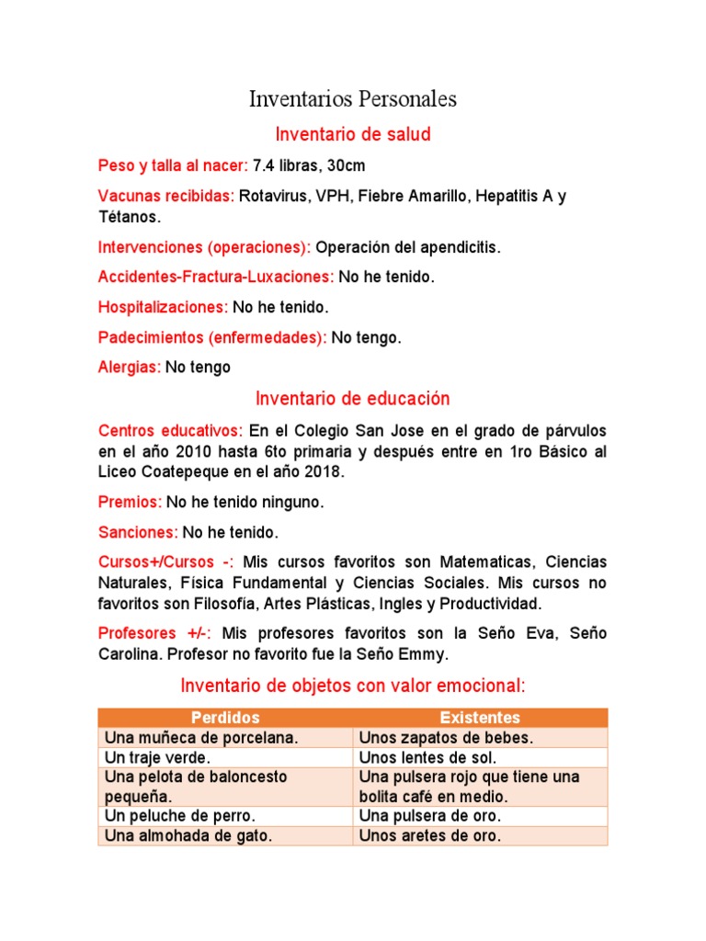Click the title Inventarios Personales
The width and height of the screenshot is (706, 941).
pyautogui.click(x=352, y=99)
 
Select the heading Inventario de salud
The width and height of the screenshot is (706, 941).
pyautogui.click(x=353, y=135)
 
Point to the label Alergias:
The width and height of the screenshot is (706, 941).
pyautogui.click(x=129, y=368)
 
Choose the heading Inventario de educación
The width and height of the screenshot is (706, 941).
pyautogui.click(x=353, y=399)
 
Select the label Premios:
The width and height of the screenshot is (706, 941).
pyautogui.click(x=130, y=503)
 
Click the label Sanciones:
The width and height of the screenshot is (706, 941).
pyautogui.click(x=138, y=532)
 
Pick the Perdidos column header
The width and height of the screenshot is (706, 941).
pyautogui.click(x=225, y=718)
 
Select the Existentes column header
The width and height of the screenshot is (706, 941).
pyautogui.click(x=480, y=718)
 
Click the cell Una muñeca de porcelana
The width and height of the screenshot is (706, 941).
pyautogui.click(x=201, y=738)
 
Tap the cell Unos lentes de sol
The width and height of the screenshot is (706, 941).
pyautogui.click(x=427, y=757)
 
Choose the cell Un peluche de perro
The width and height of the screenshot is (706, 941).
pyautogui.click(x=180, y=816)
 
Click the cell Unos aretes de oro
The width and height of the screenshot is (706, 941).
pyautogui.click(x=430, y=836)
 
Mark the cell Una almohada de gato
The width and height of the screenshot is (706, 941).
pyautogui.click(x=189, y=836)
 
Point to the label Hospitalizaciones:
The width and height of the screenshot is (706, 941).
pyautogui.click(x=163, y=307)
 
